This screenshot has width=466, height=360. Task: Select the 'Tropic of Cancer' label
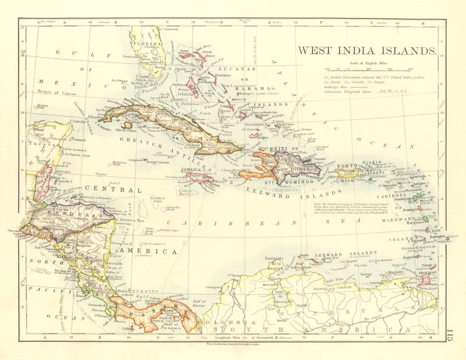tap(56, 92)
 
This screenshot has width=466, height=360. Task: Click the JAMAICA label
tap(191, 170)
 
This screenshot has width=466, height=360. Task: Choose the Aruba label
tap(304, 255)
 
